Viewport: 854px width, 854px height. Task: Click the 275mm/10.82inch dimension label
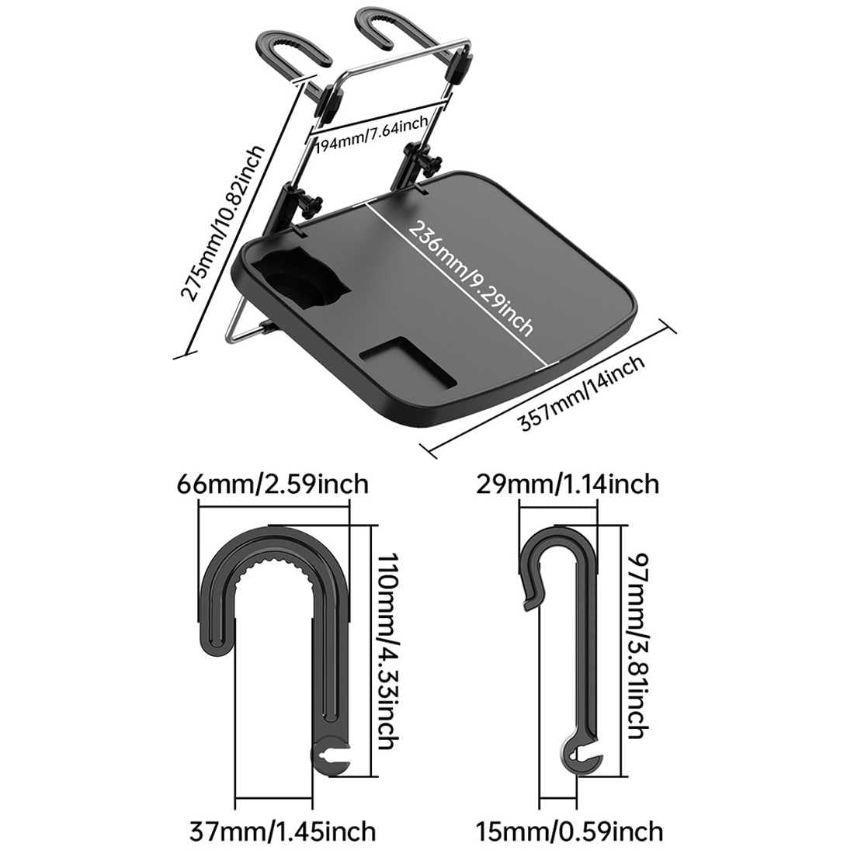[x=223, y=223]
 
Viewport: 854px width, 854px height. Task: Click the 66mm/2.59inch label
[x=273, y=484]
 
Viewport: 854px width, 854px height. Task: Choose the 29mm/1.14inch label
[x=568, y=484]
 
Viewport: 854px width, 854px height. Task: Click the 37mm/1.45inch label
[x=283, y=831]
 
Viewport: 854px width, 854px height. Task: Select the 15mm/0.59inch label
[x=570, y=831]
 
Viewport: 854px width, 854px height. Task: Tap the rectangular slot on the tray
[x=408, y=362]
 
